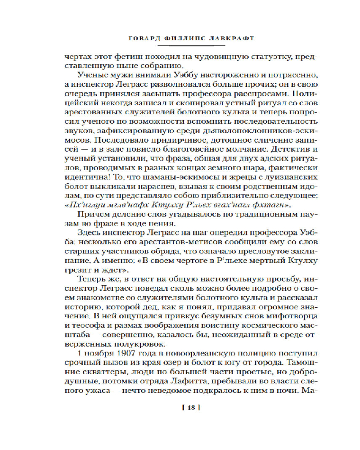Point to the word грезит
click(x=78, y=270)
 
